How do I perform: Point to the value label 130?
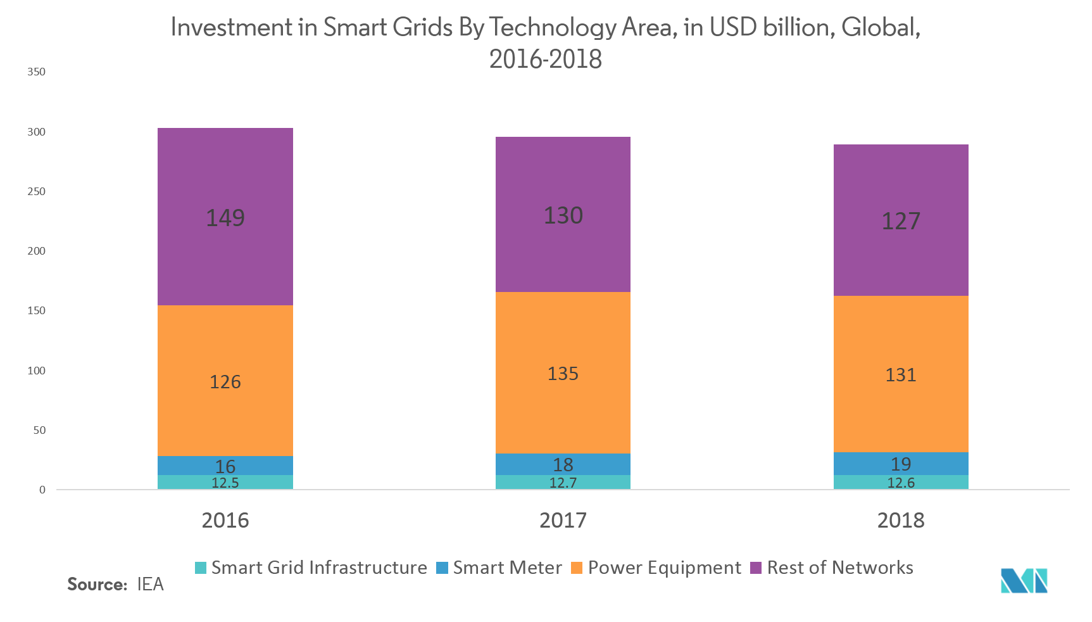click(x=563, y=216)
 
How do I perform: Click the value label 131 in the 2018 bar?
click(x=900, y=375)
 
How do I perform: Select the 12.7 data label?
click(x=563, y=483)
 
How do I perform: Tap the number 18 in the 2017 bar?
click(x=563, y=465)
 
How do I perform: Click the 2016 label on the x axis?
click(x=225, y=521)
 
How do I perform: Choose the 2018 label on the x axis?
click(x=900, y=521)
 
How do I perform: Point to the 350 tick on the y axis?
click(x=37, y=72)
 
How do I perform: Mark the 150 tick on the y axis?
click(x=37, y=311)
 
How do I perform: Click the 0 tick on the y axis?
click(x=42, y=490)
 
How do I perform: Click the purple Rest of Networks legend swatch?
click(x=755, y=568)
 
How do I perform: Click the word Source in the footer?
click(x=97, y=584)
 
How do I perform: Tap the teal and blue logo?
click(x=1024, y=580)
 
